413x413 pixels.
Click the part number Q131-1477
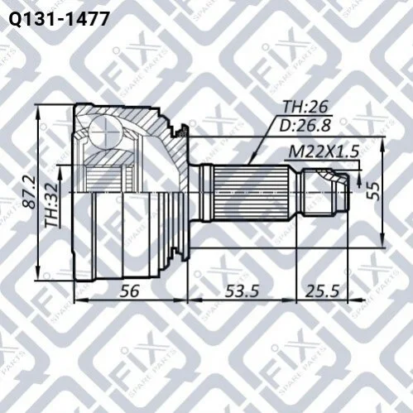pyautogui.click(x=59, y=19)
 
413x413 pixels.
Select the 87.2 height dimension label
pyautogui.click(x=30, y=192)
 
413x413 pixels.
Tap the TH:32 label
pyautogui.click(x=51, y=205)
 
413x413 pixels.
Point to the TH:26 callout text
pyautogui.click(x=305, y=107)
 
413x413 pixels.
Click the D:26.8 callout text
pyautogui.click(x=305, y=125)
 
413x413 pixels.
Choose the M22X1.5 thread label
pyautogui.click(x=324, y=151)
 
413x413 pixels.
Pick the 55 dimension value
pyautogui.click(x=373, y=191)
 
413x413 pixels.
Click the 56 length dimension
pyautogui.click(x=129, y=291)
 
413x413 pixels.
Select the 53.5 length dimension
pyautogui.click(x=242, y=291)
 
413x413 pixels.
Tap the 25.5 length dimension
pyautogui.click(x=322, y=291)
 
